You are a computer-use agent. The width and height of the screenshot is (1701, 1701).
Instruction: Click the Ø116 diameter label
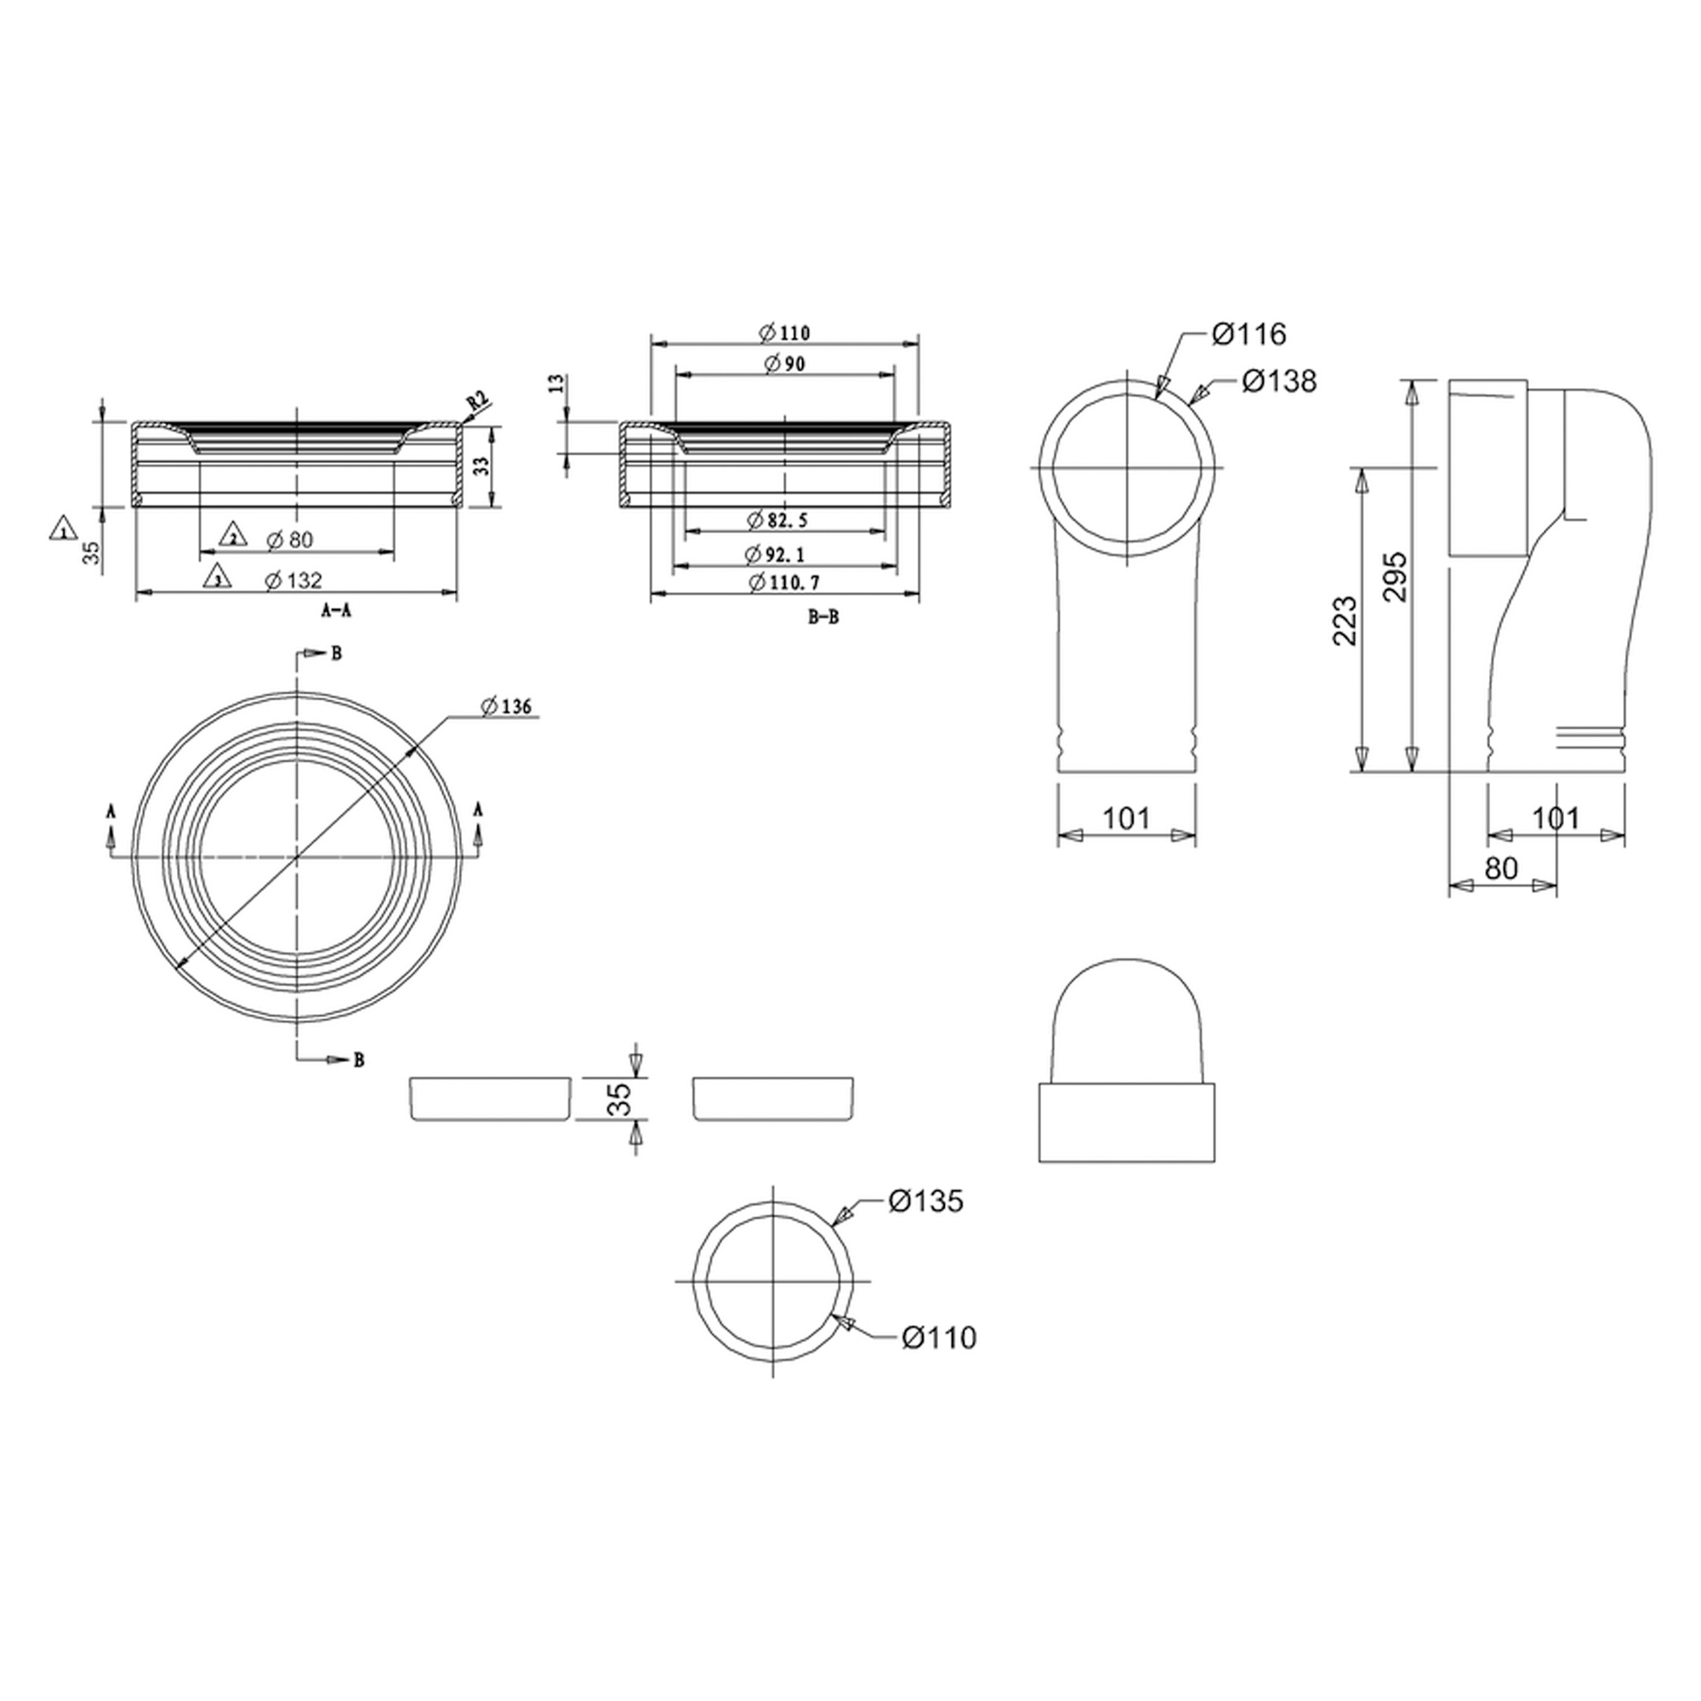(x=1249, y=333)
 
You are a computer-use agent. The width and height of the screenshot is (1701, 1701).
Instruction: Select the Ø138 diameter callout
(x=1279, y=381)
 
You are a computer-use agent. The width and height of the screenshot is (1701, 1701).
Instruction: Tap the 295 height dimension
(x=1397, y=577)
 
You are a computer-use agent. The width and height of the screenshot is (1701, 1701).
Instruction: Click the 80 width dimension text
(x=1501, y=868)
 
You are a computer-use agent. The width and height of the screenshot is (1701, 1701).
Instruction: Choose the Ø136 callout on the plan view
(x=506, y=706)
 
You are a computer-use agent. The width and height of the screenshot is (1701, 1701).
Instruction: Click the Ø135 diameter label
(x=926, y=1201)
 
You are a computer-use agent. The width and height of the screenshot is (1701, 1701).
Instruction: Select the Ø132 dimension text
(x=293, y=580)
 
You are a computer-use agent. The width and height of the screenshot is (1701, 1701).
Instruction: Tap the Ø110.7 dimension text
(x=777, y=582)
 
